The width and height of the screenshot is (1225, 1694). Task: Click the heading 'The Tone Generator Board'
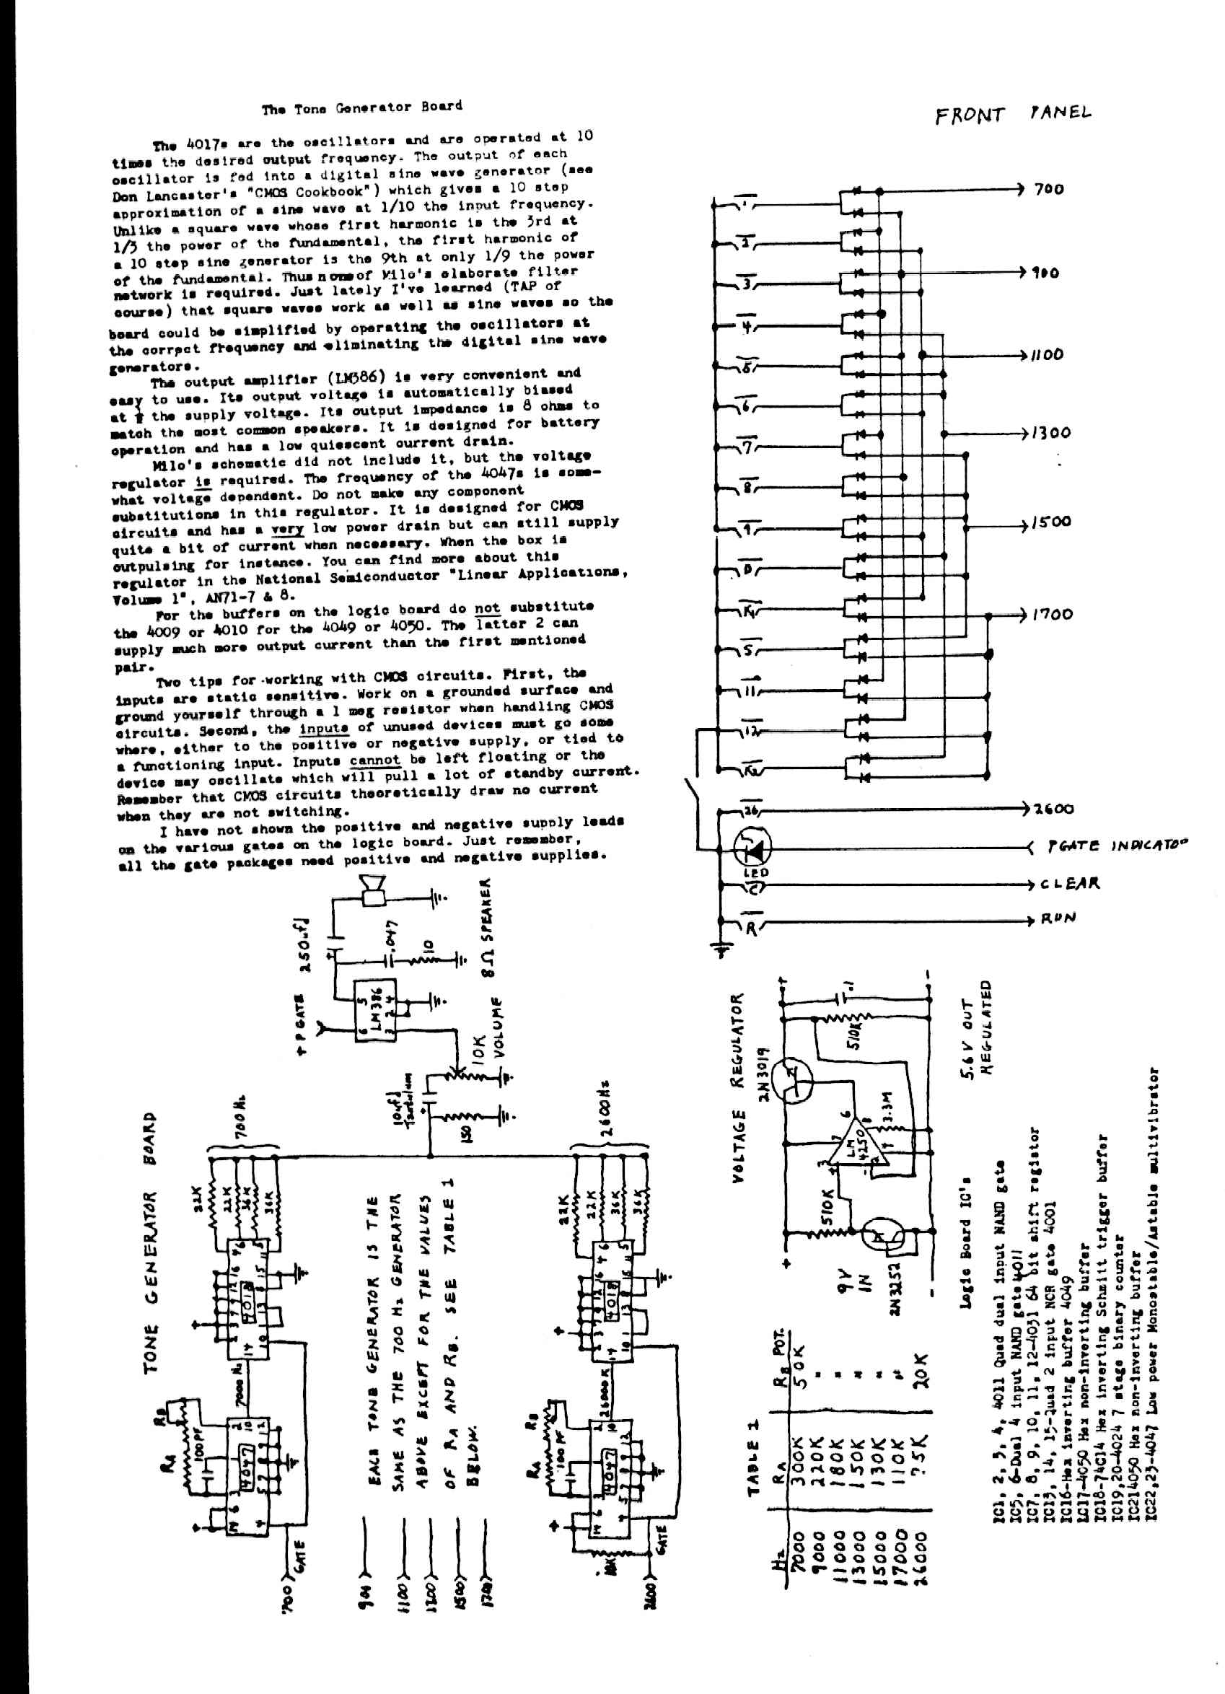point(361,107)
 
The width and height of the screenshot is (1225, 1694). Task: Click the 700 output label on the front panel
point(1049,189)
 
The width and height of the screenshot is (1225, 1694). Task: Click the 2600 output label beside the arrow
point(1053,809)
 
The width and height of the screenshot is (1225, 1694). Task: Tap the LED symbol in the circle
point(752,847)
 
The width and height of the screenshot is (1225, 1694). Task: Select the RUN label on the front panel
point(1058,918)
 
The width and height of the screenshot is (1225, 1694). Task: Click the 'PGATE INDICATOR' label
point(1116,846)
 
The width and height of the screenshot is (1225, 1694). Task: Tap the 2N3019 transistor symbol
point(794,1081)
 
